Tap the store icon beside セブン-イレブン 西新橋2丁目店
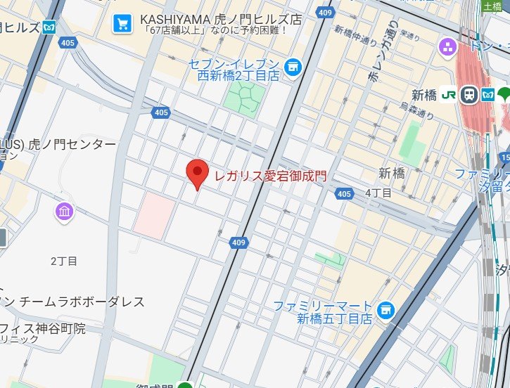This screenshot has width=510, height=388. coord(293,67)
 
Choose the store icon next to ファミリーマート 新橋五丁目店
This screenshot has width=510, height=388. coord(385,309)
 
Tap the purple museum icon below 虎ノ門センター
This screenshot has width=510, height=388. coord(64,211)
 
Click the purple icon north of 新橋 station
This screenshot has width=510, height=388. coord(447,47)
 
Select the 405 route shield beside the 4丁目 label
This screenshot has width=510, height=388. coord(343,193)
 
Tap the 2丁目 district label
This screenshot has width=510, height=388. coord(64,261)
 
